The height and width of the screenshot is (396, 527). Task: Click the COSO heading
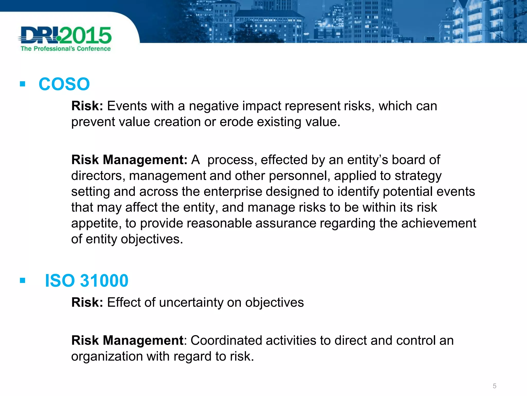[x=64, y=84]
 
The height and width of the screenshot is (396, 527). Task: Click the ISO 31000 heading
[x=86, y=280]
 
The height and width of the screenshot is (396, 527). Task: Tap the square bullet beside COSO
[x=22, y=84]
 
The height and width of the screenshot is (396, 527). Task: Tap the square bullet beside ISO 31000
[x=22, y=280]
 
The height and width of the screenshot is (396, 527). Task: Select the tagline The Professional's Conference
[x=66, y=49]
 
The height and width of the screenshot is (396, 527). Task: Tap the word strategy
[x=418, y=176]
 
